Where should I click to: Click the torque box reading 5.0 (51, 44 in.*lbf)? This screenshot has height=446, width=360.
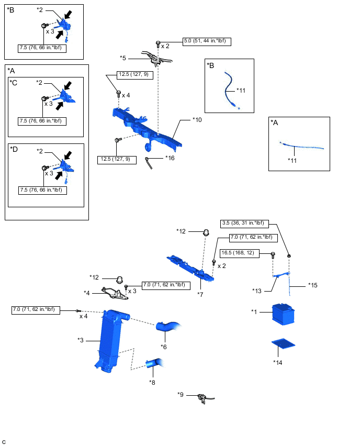(207, 40)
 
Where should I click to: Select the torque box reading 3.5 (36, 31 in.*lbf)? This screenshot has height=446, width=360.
(245, 223)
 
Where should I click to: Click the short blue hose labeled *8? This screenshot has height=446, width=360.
(154, 363)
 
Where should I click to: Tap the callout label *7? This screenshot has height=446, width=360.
(200, 294)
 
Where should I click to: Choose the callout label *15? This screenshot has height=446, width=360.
(313, 285)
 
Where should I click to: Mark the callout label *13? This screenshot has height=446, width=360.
(256, 291)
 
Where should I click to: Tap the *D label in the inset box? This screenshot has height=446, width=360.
(14, 149)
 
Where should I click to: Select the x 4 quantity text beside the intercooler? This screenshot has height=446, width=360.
(84, 316)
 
